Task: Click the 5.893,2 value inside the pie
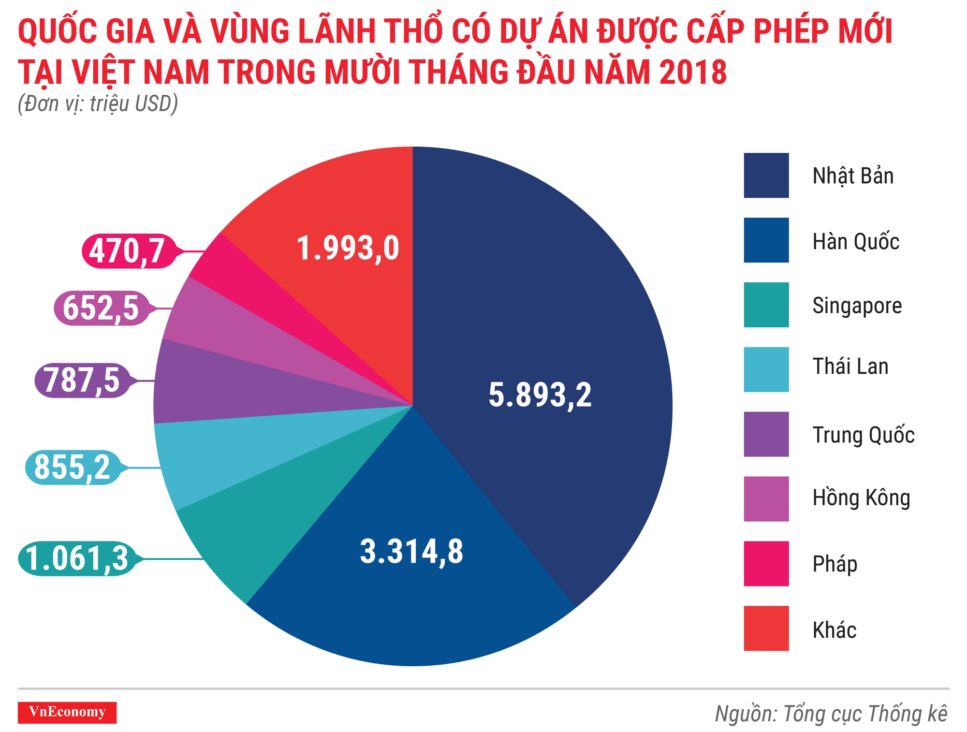click(540, 395)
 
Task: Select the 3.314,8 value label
click(411, 551)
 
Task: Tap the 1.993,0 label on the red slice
click(348, 249)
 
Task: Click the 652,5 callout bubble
click(101, 308)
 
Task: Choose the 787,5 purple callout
click(82, 381)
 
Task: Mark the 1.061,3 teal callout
click(77, 558)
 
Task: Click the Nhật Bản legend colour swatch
click(766, 176)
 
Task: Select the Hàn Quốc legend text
click(855, 241)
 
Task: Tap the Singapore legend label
click(857, 306)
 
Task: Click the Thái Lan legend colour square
click(766, 369)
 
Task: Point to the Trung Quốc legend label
click(863, 435)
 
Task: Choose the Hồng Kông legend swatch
click(766, 499)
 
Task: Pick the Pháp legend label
click(835, 564)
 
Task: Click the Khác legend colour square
click(766, 628)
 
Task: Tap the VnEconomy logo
click(67, 712)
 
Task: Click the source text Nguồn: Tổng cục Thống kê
click(831, 714)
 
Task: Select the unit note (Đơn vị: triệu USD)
click(98, 104)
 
